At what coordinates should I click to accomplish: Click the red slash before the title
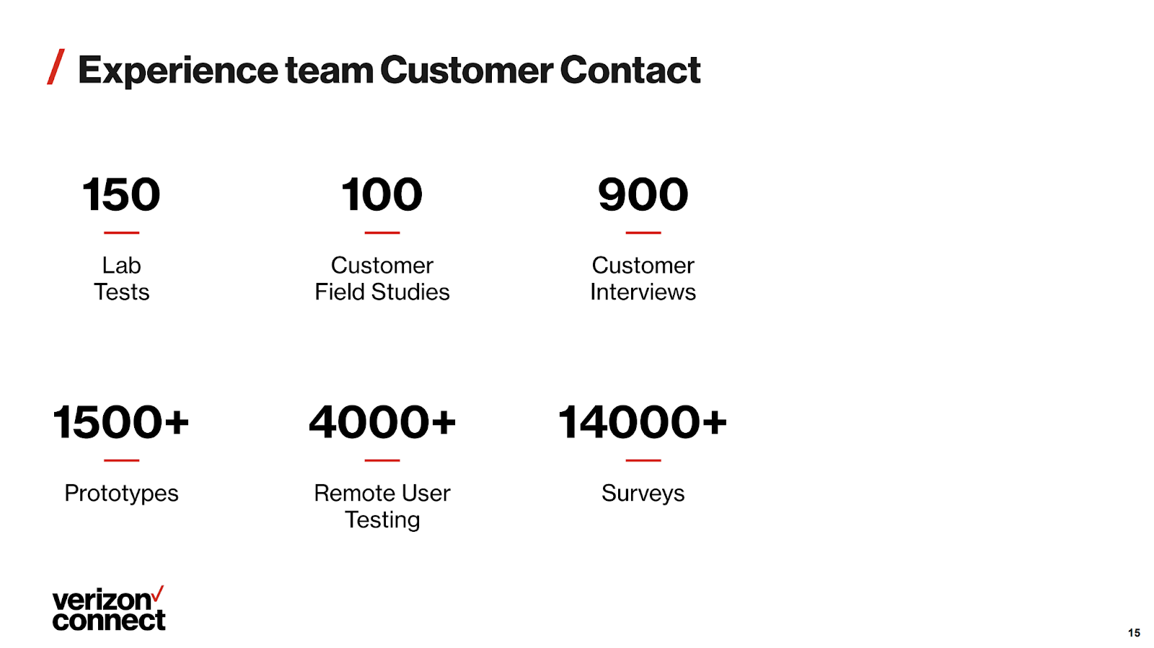pos(56,66)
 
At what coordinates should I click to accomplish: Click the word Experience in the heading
pos(178,71)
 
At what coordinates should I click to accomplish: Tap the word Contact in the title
pos(630,69)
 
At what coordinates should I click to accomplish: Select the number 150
pos(122,194)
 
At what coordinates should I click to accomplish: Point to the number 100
pos(382,194)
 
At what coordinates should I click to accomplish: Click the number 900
pos(643,194)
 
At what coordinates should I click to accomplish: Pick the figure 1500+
pos(121,422)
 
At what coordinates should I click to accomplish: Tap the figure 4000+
pos(382,422)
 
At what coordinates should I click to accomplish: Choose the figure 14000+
pos(643,422)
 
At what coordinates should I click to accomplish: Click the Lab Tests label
pos(122,279)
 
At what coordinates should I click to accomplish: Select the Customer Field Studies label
pos(382,279)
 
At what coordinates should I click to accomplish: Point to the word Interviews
pos(643,292)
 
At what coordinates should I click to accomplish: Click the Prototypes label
pos(122,494)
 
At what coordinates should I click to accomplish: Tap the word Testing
pos(382,520)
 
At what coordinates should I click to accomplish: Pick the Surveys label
pos(643,494)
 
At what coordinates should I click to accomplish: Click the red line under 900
pos(643,232)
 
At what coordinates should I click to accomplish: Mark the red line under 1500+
pos(122,460)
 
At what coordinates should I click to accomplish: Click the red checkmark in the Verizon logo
pos(158,593)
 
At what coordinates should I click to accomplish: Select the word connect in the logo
pos(109,621)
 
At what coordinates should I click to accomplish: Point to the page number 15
pos(1134,633)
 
